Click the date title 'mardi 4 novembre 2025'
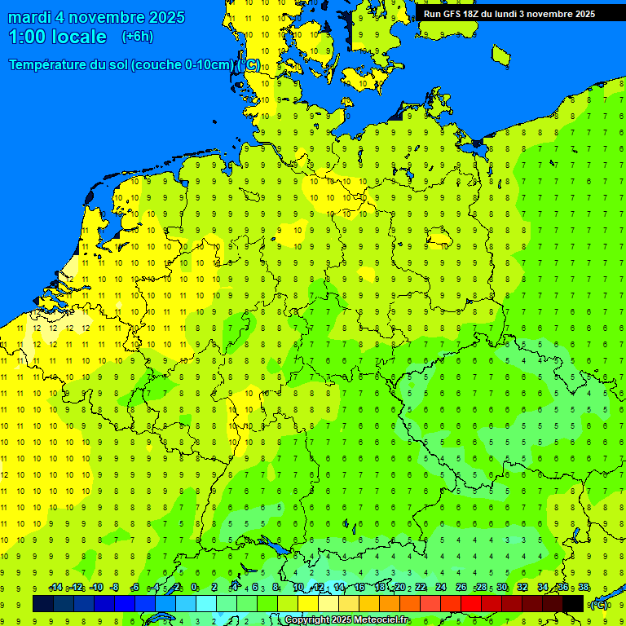[96, 17]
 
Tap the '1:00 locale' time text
[57, 37]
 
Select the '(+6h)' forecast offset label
[137, 37]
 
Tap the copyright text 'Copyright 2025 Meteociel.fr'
[346, 620]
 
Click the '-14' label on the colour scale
[55, 588]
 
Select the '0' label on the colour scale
[194, 588]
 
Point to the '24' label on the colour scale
[441, 588]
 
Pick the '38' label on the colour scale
[584, 588]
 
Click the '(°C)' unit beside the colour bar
[599, 604]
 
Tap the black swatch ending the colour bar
[573, 603]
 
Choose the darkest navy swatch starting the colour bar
[43, 603]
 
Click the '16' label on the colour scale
[359, 588]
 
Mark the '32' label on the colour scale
[522, 588]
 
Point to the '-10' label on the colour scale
[96, 588]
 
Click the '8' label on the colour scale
[276, 588]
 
